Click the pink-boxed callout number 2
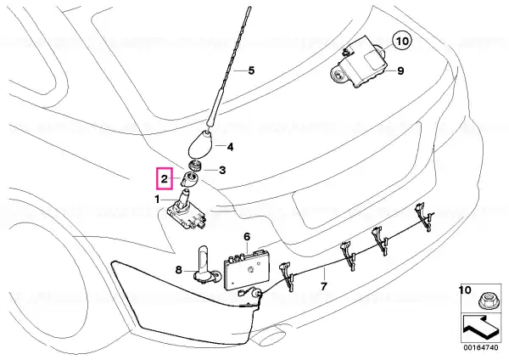165,178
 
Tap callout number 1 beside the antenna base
158,199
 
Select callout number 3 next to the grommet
222,170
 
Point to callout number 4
230,147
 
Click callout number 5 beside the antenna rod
251,70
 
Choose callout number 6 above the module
247,237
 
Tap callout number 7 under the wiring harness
324,286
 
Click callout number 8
178,269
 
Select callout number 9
400,70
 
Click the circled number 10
402,42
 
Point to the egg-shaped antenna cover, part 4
199,144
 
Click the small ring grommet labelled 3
195,166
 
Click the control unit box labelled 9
360,63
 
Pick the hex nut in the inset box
486,301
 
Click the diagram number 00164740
481,347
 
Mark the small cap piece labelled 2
190,180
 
